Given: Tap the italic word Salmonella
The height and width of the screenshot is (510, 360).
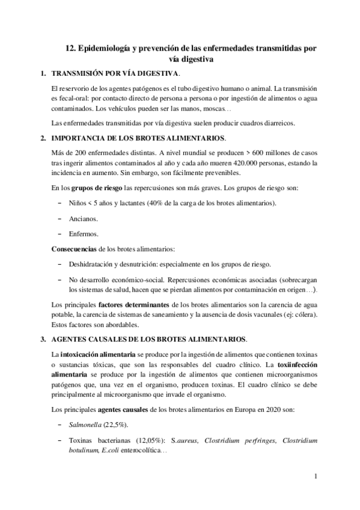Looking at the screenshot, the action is click(x=85, y=425).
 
